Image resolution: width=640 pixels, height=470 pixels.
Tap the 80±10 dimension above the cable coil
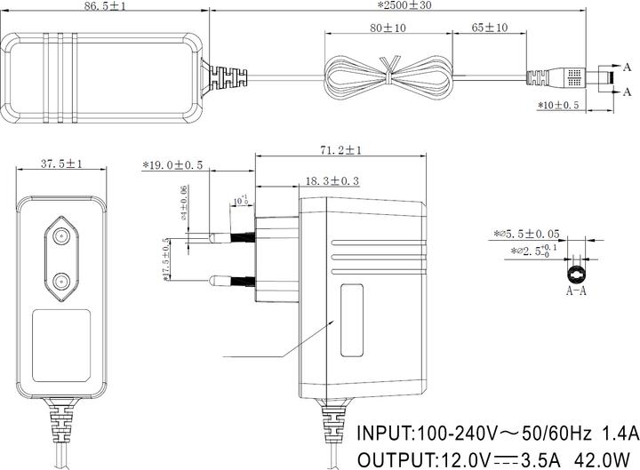click(x=388, y=28)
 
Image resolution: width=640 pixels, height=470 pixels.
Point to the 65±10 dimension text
click(x=484, y=28)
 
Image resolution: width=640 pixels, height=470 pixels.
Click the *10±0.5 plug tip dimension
click(x=558, y=105)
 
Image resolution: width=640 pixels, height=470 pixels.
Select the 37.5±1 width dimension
click(x=62, y=164)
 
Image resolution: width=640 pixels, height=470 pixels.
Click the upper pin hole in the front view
click(x=60, y=236)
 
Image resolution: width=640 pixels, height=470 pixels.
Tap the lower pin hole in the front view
click(x=60, y=283)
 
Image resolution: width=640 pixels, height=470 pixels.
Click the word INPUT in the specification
click(x=386, y=434)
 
